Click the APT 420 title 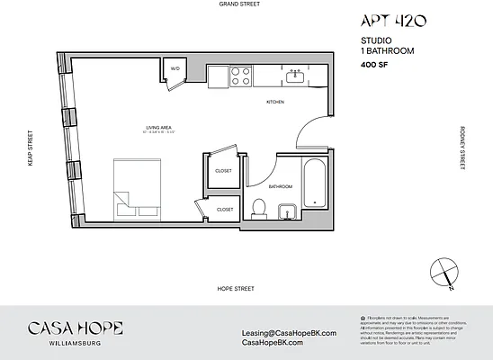[393, 21]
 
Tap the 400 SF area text [374, 65]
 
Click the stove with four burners [240, 76]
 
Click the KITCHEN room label [275, 103]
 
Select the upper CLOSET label [223, 170]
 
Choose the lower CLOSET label [224, 210]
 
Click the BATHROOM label [281, 186]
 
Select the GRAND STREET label [238, 4]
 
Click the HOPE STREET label [236, 289]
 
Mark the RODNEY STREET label [462, 147]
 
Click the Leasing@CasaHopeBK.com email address [289, 332]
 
